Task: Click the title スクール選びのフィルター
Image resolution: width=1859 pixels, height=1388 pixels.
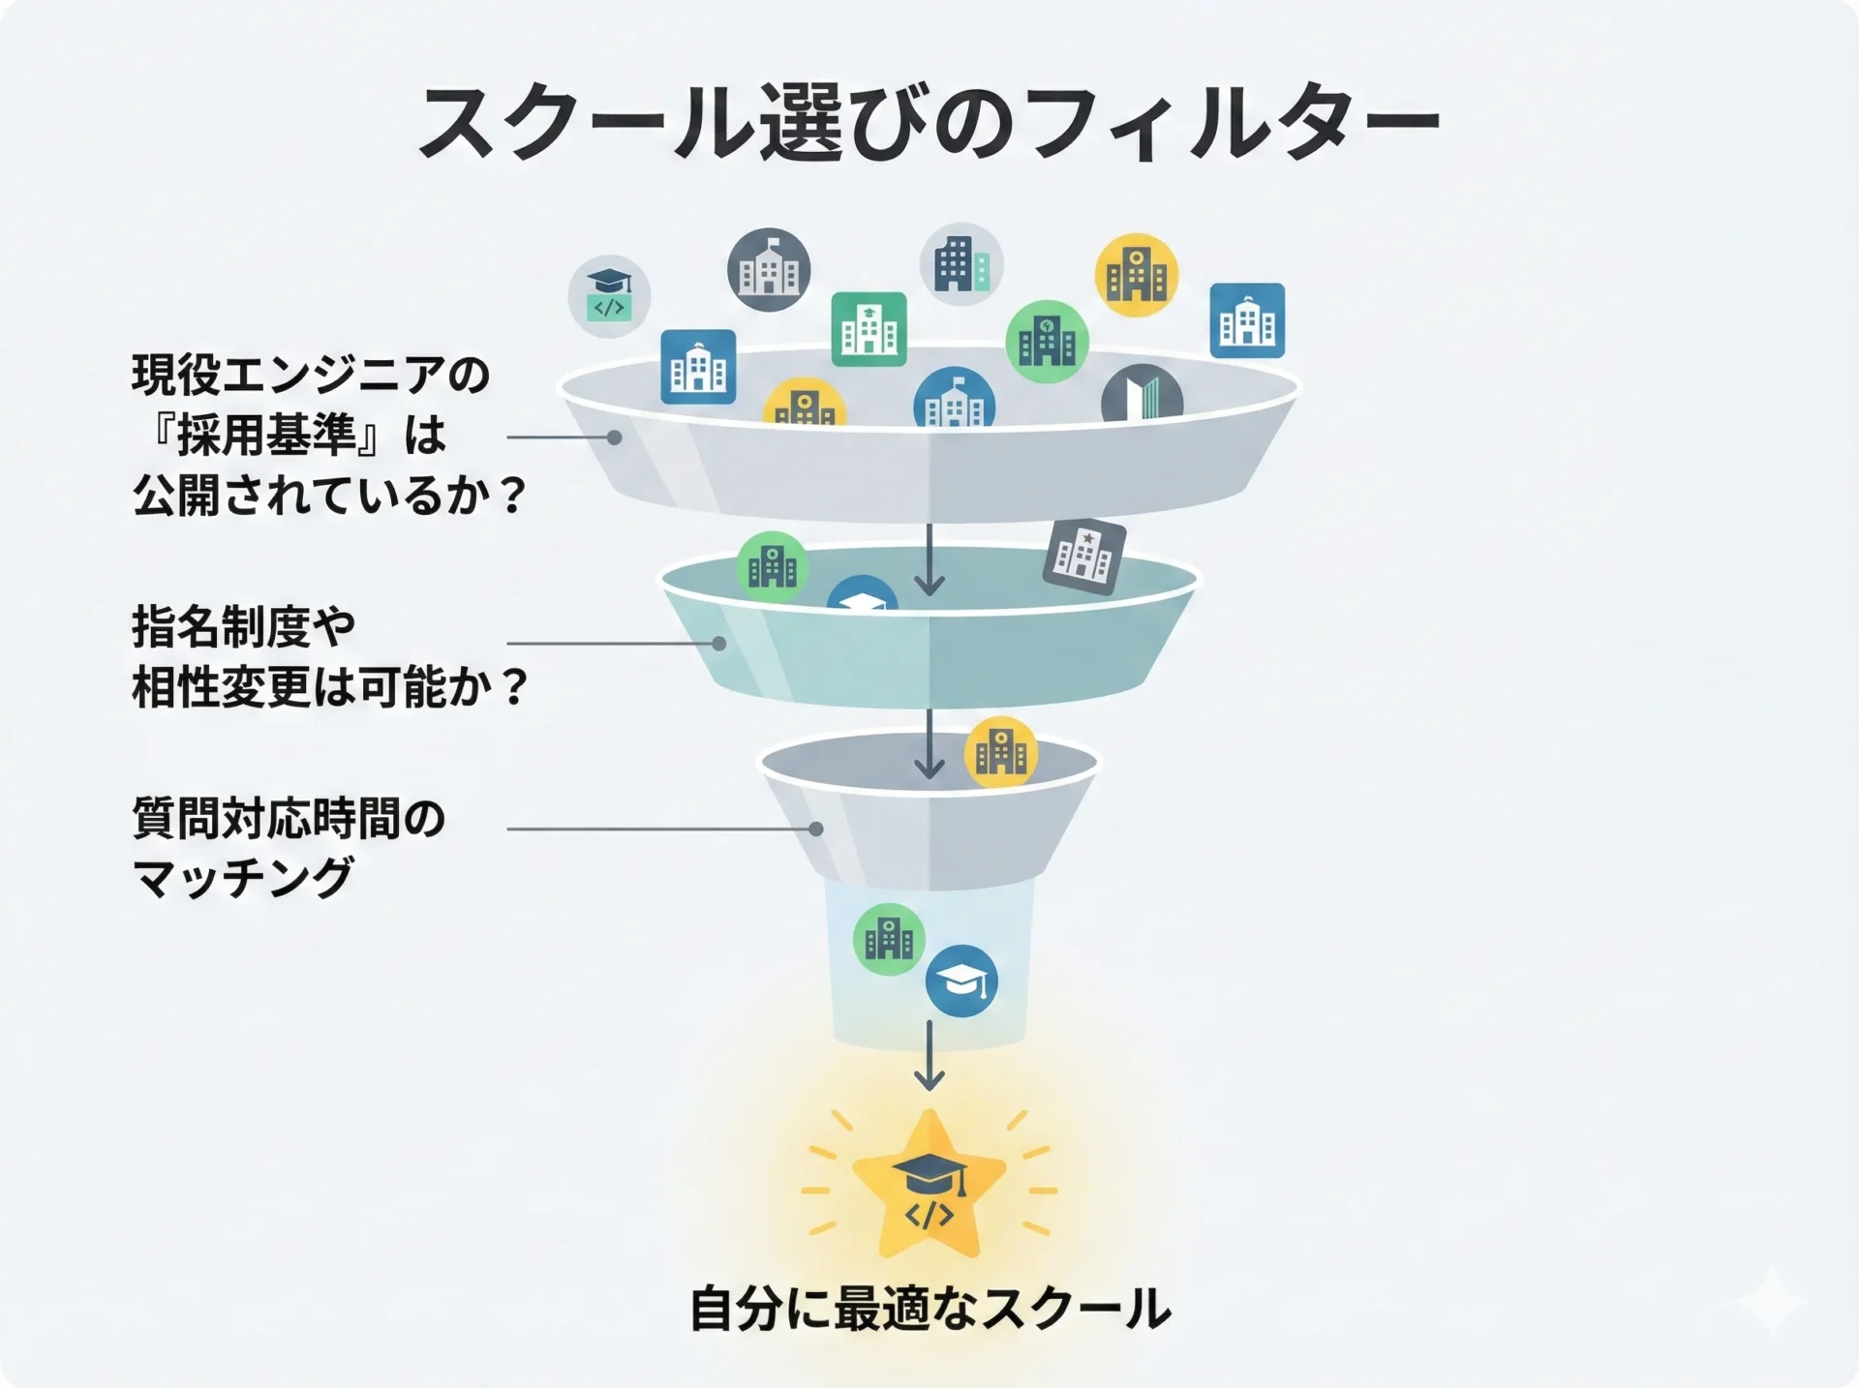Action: point(928,123)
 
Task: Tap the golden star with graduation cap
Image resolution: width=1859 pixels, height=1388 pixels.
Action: point(929,1187)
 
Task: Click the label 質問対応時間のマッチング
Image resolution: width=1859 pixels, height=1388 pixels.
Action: point(289,848)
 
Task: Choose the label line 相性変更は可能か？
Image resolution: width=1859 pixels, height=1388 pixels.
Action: point(329,688)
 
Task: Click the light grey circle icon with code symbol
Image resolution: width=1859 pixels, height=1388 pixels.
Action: point(609,296)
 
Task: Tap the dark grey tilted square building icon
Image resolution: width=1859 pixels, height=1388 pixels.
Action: point(1084,555)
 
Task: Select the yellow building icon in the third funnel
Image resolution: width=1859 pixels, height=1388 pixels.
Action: point(1001,752)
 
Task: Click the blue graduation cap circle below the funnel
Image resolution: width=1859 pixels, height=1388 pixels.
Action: point(961,981)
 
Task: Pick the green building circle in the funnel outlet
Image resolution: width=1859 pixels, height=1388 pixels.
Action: point(889,938)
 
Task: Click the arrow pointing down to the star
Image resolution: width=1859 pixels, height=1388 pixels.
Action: point(929,1055)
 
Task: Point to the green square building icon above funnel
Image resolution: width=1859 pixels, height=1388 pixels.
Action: point(869,329)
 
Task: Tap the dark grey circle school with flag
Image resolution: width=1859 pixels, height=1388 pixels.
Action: point(769,270)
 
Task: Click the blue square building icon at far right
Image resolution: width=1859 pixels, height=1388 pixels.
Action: point(1247,320)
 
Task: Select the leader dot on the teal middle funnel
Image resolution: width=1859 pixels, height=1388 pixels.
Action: point(719,644)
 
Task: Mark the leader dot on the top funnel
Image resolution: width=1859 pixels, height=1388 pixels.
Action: point(614,438)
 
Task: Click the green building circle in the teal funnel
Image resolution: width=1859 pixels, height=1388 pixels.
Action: point(772,566)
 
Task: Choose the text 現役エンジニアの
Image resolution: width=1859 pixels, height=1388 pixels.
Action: point(311,376)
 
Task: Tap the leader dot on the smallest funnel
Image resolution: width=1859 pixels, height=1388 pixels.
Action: point(816,830)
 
